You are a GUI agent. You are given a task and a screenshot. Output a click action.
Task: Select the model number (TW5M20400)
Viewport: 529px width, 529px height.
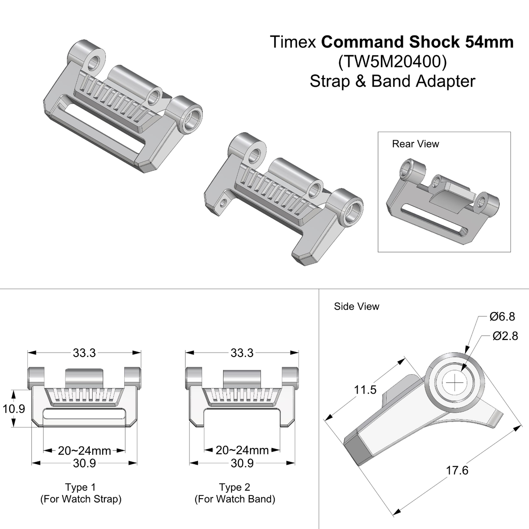coord(392,62)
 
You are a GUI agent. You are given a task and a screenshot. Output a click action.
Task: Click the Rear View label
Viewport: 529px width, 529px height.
coord(415,144)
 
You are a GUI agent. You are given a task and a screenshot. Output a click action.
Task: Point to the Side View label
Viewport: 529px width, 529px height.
coord(356,306)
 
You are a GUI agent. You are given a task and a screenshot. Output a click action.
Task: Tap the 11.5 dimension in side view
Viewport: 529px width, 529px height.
coord(365,390)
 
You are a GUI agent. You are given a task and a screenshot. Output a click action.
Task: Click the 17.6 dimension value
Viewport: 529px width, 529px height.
coord(457,471)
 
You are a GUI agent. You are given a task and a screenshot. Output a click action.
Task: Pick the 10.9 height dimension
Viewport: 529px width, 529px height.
coord(14,409)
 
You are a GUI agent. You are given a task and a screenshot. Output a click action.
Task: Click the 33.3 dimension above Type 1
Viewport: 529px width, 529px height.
coord(84,353)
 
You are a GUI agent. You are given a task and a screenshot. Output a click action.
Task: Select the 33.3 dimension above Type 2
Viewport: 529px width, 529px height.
coord(242,353)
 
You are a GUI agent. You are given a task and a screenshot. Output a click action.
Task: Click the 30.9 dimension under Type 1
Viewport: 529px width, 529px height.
coord(84,463)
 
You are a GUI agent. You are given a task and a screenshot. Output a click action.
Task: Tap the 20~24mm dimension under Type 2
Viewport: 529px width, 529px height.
coord(242,451)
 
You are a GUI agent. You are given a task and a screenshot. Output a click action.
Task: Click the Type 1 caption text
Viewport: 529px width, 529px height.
coord(80,487)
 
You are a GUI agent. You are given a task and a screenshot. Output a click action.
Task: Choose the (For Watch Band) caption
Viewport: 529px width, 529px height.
coord(235,499)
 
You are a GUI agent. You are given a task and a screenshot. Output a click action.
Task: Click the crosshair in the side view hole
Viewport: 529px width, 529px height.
coord(454,383)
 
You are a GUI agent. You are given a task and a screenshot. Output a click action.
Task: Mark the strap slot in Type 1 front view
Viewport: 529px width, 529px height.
coord(84,415)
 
